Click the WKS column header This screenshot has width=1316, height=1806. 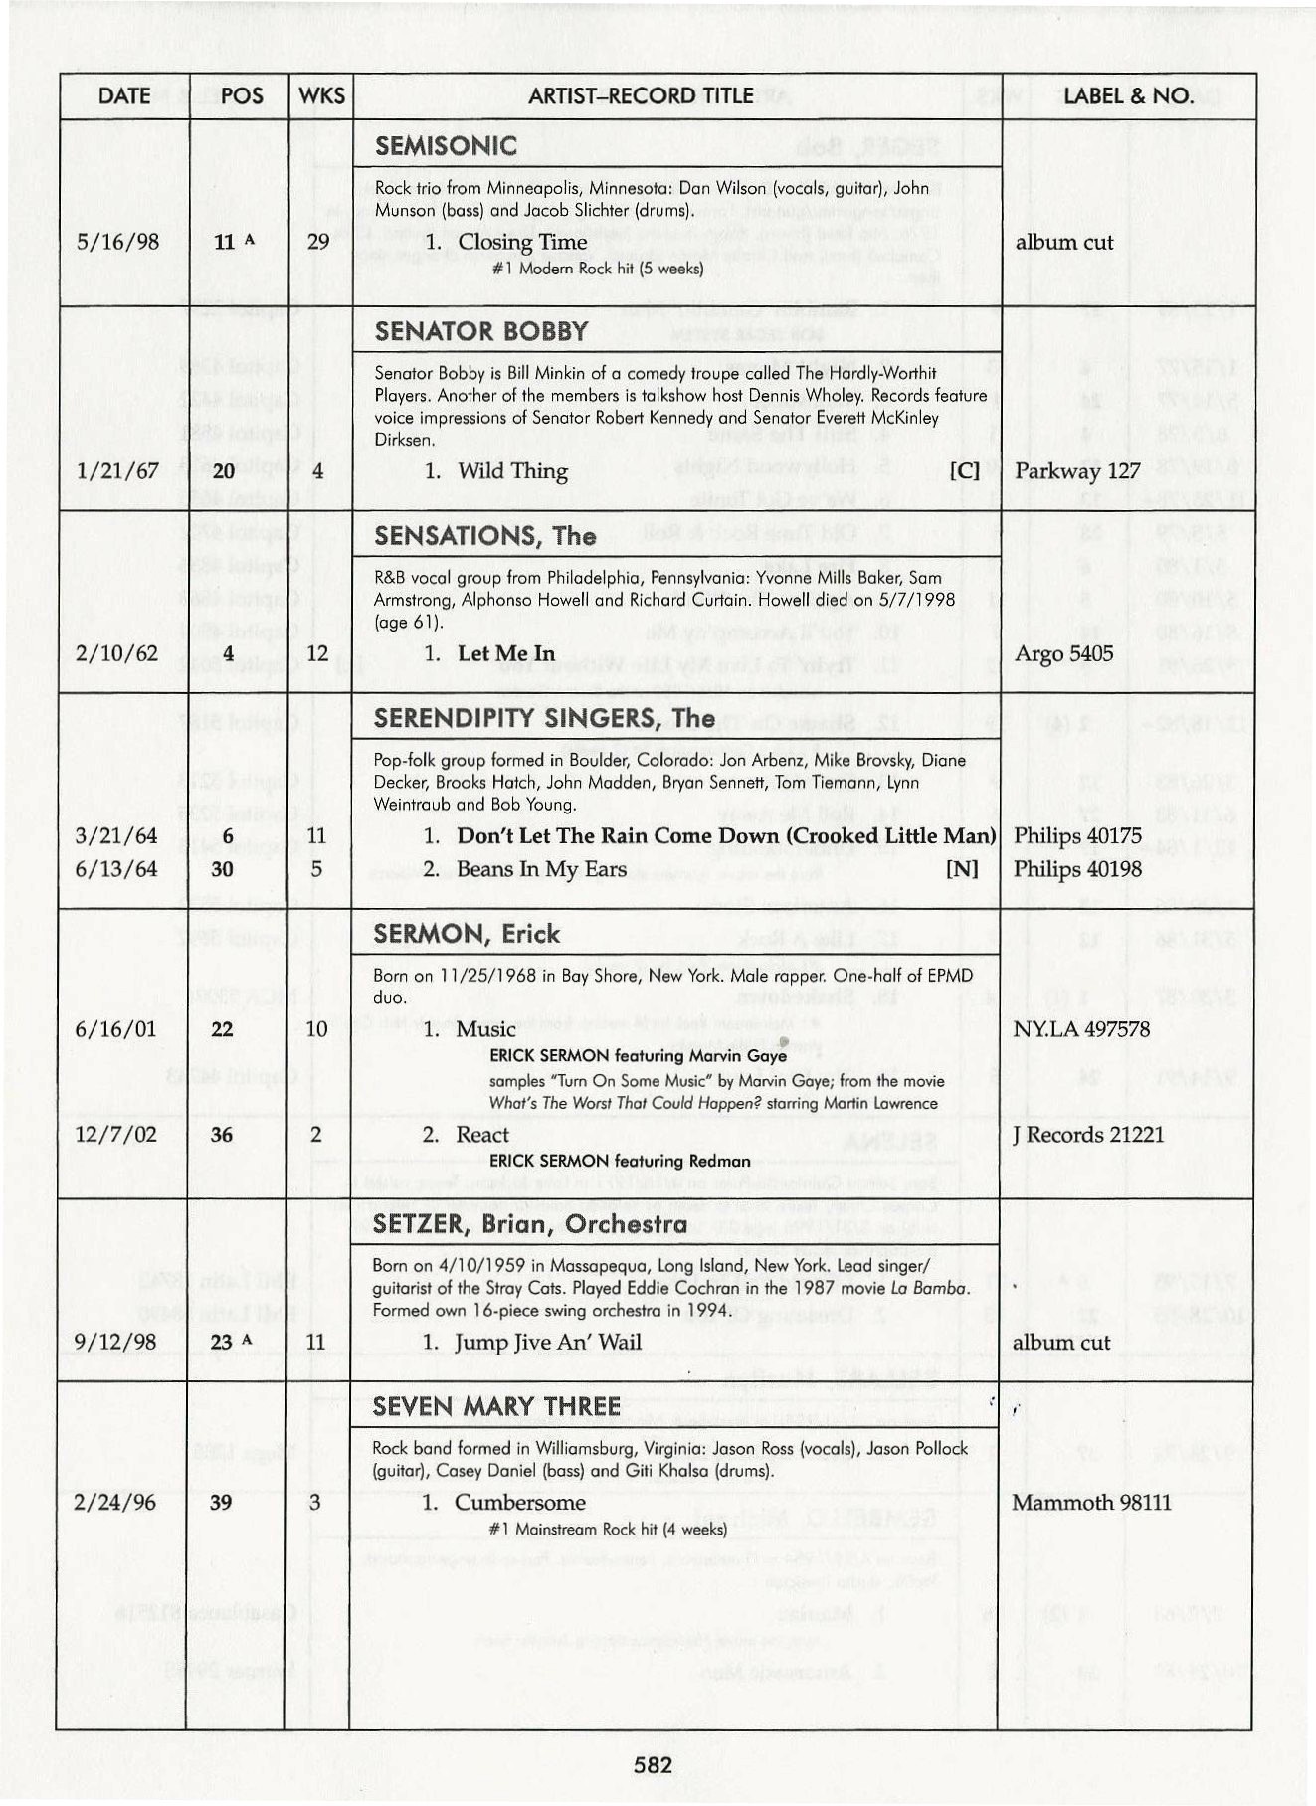click(321, 95)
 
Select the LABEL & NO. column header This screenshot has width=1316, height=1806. click(1127, 95)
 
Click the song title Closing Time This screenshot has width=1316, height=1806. click(509, 242)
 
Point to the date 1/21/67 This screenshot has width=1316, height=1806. click(117, 471)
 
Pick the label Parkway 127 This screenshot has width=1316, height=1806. click(1077, 471)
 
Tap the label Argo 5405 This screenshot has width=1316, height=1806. click(1063, 653)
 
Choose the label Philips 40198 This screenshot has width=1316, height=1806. click(1077, 869)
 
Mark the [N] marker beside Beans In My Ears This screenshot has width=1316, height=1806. click(964, 869)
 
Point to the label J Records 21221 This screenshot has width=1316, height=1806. click(1087, 1135)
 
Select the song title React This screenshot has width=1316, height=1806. click(482, 1135)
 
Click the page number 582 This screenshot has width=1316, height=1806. click(654, 1764)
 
